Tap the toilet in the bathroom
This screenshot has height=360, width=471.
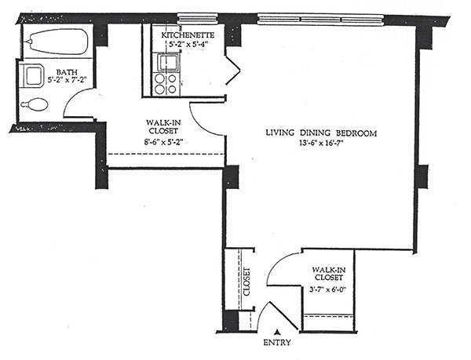[x=35, y=104]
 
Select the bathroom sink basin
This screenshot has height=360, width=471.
[x=33, y=75]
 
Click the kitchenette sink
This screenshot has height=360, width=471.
[x=166, y=63]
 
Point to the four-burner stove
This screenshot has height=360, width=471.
[x=166, y=84]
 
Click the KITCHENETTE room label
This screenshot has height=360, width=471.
[x=188, y=35]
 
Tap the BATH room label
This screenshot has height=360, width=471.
[x=67, y=72]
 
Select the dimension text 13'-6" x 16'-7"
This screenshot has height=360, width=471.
[x=321, y=143]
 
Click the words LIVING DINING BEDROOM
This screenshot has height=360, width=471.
[x=321, y=133]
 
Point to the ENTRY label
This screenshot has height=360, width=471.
[x=277, y=342]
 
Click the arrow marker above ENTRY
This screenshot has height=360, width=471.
[x=279, y=332]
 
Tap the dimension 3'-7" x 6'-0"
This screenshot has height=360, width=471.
[x=328, y=289]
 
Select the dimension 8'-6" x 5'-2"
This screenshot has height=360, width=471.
[x=164, y=142]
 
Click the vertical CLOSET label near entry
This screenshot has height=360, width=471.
[x=246, y=282]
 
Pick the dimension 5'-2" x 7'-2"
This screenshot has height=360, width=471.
[x=67, y=80]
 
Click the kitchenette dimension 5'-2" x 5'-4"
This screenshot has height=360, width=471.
[x=188, y=43]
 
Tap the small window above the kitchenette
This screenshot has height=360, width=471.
[x=197, y=19]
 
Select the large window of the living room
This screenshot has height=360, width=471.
[x=321, y=20]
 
